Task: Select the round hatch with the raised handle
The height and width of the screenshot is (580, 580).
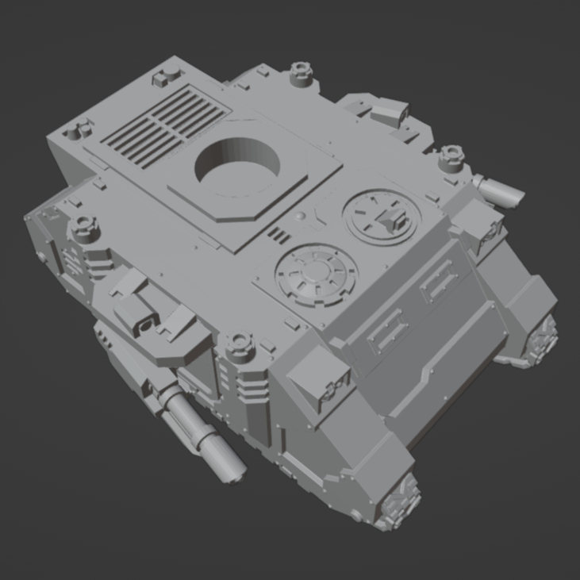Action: (x=383, y=218)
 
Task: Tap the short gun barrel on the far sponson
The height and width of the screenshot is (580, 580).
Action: (x=499, y=188)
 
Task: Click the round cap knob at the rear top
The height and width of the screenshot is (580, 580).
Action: (x=299, y=72)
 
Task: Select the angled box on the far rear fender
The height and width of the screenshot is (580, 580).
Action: (x=389, y=111)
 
